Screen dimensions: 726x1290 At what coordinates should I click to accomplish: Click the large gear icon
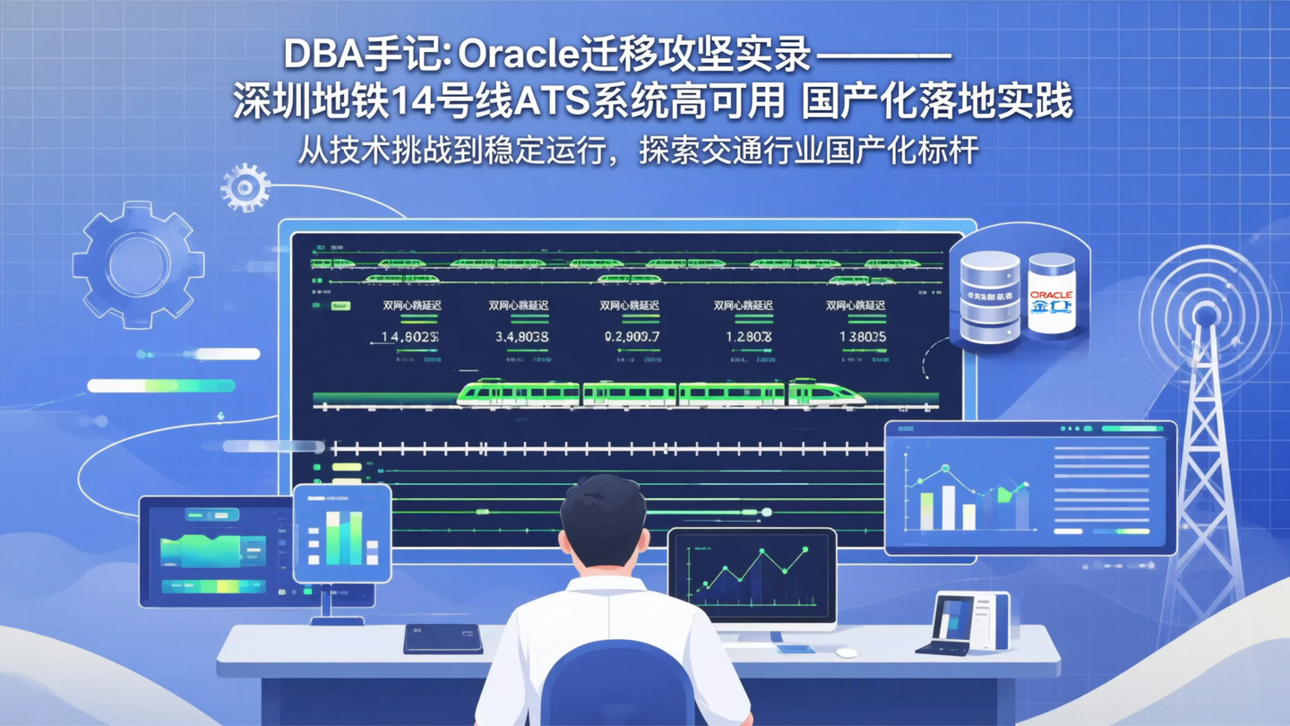pyautogui.click(x=138, y=264)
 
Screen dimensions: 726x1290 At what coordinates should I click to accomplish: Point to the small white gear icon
pyautogui.click(x=245, y=187)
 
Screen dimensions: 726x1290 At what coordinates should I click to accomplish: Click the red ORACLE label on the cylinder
pyautogui.click(x=1051, y=295)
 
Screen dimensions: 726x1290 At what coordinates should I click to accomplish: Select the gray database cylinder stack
pyautogui.click(x=990, y=296)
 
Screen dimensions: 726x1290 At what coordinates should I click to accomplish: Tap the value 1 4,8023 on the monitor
pyautogui.click(x=404, y=337)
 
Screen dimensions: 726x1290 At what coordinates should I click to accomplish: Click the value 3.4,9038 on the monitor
pyautogui.click(x=521, y=337)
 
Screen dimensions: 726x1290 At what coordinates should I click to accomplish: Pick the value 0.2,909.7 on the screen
pyautogui.click(x=632, y=337)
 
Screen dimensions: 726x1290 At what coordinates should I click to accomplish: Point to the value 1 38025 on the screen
pyautogui.click(x=863, y=337)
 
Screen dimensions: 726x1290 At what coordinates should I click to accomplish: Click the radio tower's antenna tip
pyautogui.click(x=1206, y=315)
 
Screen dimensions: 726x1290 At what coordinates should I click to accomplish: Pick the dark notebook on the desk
pyautogui.click(x=443, y=638)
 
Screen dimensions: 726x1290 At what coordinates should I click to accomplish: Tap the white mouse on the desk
pyautogui.click(x=847, y=653)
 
